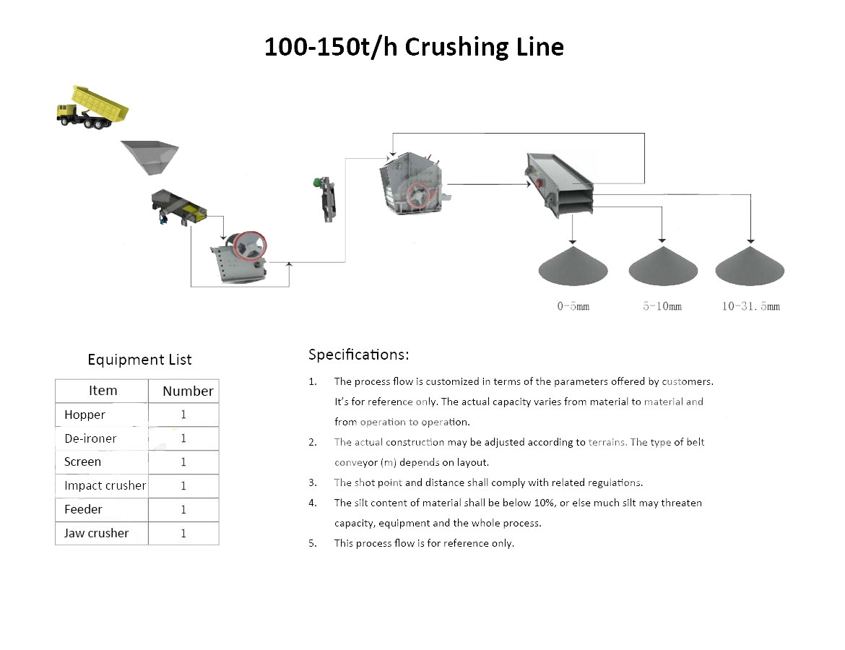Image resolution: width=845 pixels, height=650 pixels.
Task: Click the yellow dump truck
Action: (92, 107)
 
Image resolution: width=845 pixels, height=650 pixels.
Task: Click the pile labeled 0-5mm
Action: (573, 267)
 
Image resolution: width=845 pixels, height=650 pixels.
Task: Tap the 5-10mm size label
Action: (662, 306)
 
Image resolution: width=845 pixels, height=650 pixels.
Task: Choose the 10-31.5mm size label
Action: (750, 306)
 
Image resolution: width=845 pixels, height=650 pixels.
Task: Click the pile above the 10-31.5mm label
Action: (750, 267)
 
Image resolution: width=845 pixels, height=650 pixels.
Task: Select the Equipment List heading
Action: (139, 360)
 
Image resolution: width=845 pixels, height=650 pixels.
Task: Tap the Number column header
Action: (188, 391)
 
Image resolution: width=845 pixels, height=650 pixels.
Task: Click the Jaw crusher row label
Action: (96, 533)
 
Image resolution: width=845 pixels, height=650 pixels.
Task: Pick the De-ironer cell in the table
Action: (90, 438)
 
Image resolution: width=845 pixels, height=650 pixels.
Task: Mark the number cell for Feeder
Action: (183, 510)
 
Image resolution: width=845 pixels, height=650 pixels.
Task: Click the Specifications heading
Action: (358, 355)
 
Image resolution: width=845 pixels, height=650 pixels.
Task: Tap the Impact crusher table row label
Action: (105, 485)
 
